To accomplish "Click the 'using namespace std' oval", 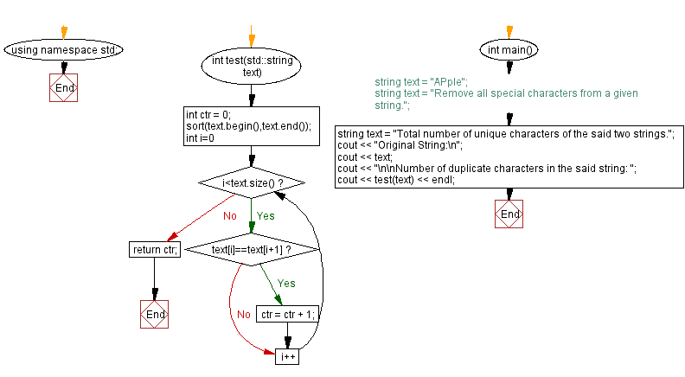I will [64, 50].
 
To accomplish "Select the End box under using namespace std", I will [64, 88].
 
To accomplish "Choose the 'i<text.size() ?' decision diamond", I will [252, 183].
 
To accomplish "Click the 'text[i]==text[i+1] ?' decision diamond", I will [252, 249].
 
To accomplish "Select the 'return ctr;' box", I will [153, 250].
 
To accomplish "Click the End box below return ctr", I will [154, 315].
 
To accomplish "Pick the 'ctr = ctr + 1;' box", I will [287, 315].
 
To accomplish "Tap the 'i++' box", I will [287, 355].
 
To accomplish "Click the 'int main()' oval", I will [509, 50].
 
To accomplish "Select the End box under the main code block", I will [509, 214].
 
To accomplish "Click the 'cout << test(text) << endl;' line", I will [396, 180].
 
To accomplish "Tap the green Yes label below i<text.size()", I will [266, 216].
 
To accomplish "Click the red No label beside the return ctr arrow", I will [229, 216].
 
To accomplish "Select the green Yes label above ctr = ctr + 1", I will [286, 283].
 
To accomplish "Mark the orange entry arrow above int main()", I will [509, 32].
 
